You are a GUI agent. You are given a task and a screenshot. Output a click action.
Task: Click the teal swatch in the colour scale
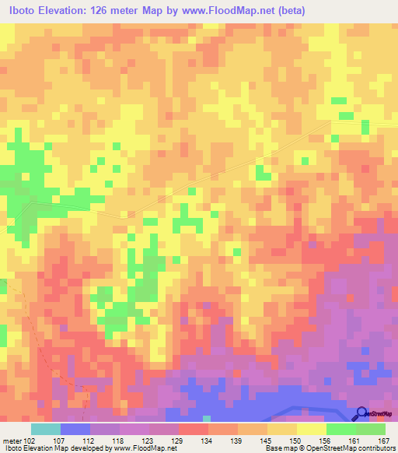click(45, 429)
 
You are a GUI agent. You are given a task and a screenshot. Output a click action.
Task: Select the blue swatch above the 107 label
click(75, 429)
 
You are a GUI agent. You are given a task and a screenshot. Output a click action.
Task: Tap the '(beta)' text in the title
click(288, 11)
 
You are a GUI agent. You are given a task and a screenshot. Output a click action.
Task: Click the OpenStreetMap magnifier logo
click(361, 413)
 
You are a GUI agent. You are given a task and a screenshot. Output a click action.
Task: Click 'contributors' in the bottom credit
click(374, 448)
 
